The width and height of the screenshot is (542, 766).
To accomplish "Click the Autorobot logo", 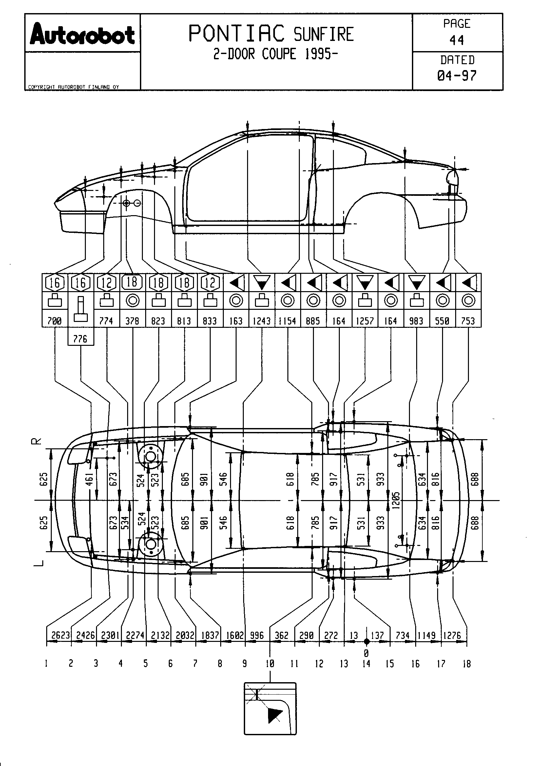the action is click(82, 34).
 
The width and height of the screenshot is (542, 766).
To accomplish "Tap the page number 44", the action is click(456, 40).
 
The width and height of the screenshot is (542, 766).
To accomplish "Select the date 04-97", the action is click(457, 76).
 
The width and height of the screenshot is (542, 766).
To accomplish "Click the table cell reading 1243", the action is click(261, 321).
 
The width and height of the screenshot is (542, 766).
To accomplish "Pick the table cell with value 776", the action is click(80, 339).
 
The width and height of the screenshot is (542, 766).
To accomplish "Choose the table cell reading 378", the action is click(132, 321).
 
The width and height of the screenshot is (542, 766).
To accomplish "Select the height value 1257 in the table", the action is click(365, 321).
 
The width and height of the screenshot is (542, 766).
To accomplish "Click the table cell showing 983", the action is click(416, 321).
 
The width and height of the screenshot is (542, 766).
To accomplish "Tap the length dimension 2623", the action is click(60, 635).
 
